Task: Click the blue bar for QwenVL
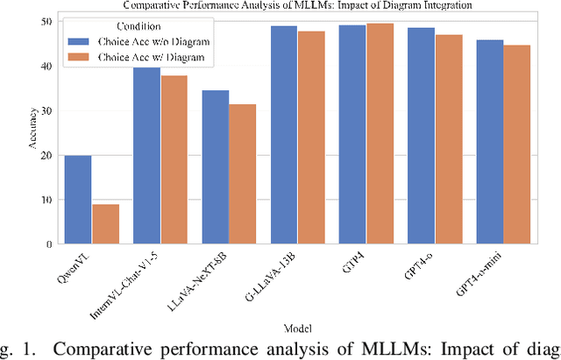pyautogui.click(x=78, y=200)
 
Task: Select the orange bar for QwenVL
pyautogui.click(x=105, y=224)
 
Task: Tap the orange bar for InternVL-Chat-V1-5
pyautogui.click(x=174, y=159)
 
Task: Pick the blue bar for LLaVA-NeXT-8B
pyautogui.click(x=216, y=167)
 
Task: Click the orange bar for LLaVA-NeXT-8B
pyautogui.click(x=243, y=174)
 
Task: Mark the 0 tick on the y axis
pyautogui.click(x=49, y=244)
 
